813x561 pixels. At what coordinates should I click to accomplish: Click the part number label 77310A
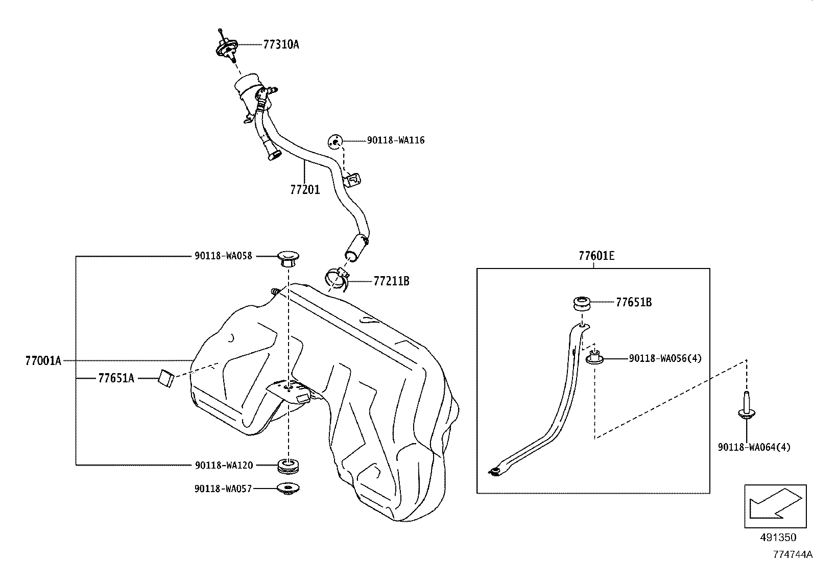click(281, 44)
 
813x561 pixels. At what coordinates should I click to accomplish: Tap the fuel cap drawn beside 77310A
click(225, 48)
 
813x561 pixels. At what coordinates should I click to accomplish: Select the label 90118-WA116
click(396, 140)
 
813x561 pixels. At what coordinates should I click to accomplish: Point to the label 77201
click(305, 190)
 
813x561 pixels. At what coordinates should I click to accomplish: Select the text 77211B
click(391, 281)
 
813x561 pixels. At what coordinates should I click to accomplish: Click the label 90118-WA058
click(223, 256)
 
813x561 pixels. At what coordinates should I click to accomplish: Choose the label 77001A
click(43, 361)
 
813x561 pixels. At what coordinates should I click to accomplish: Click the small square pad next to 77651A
click(166, 378)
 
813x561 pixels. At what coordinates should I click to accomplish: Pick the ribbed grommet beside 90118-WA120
click(289, 466)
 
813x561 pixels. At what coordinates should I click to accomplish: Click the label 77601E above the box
click(596, 256)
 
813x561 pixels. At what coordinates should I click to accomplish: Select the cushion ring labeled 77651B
click(581, 303)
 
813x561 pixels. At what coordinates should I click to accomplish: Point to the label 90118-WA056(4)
click(665, 359)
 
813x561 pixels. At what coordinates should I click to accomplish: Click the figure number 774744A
click(792, 554)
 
